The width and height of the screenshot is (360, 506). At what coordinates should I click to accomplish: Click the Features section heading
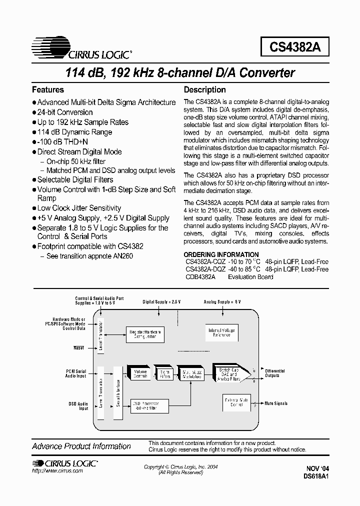[x=48, y=90]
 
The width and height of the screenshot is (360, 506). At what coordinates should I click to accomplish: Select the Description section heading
[x=205, y=90]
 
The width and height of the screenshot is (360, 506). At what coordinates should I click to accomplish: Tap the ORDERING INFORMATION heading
[x=221, y=254]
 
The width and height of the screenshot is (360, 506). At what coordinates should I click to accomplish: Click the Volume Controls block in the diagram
[x=139, y=374]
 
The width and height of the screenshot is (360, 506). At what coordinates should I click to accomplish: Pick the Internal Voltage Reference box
[x=221, y=332]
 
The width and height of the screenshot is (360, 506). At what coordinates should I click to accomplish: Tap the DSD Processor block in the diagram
[x=144, y=405]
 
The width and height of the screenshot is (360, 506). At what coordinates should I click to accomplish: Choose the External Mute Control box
[x=236, y=402]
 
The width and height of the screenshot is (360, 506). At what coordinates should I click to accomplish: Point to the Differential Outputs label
[x=275, y=373]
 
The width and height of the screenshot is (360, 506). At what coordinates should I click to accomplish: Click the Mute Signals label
[x=276, y=403]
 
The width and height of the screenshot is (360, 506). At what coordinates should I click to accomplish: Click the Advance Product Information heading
[x=81, y=446]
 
